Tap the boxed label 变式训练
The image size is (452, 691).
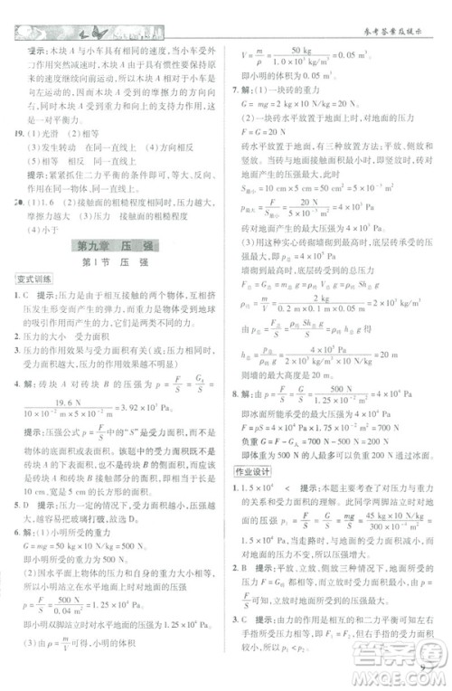point(33,281)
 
